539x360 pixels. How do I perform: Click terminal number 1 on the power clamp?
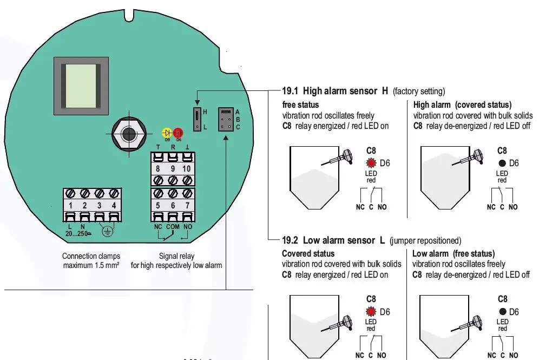[x=70, y=206]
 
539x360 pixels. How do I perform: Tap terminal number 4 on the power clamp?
[x=113, y=206]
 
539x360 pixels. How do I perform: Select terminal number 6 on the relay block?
[x=173, y=205]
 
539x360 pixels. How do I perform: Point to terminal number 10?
[x=187, y=169]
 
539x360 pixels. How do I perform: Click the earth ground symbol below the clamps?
[x=107, y=232]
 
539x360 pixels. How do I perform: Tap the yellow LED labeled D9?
[x=167, y=133]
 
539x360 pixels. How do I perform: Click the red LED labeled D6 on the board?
[x=178, y=133]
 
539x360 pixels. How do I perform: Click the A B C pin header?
[x=226, y=119]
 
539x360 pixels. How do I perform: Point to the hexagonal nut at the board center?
[x=128, y=133]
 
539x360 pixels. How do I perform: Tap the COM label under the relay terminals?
[x=173, y=226]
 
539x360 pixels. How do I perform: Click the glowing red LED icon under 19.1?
[x=371, y=163]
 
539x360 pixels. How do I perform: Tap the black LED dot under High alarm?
[x=502, y=163]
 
